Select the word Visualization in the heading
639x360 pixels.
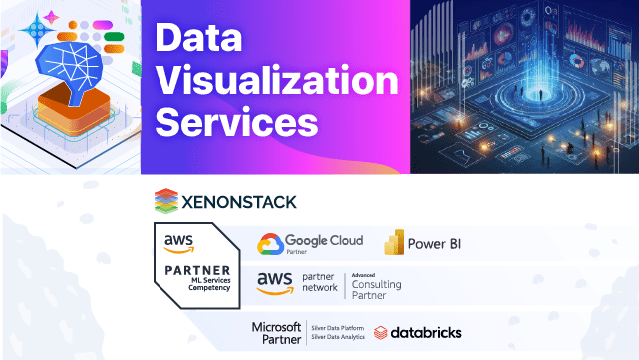coord(278,81)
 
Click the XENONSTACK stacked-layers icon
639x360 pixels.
coord(166,201)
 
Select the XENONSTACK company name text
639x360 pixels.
coord(238,202)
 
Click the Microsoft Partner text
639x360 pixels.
coord(276,333)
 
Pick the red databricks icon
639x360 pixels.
coord(382,332)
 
